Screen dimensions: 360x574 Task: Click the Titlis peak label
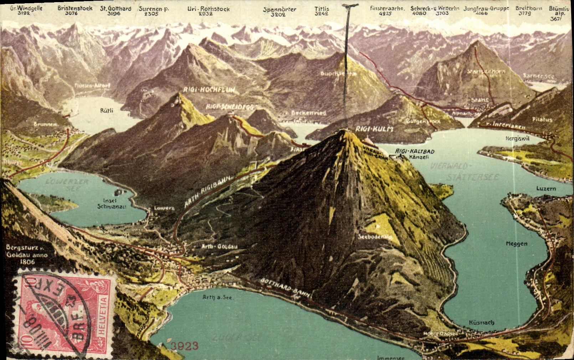pyautogui.click(x=322, y=9)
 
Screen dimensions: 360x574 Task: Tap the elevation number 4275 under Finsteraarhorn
pyautogui.click(x=385, y=14)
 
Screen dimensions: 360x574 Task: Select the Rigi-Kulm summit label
pyautogui.click(x=374, y=129)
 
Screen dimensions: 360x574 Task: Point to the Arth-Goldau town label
pyautogui.click(x=219, y=247)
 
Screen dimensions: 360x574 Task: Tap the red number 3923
pyautogui.click(x=184, y=346)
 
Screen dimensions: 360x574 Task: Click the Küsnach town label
pyautogui.click(x=481, y=323)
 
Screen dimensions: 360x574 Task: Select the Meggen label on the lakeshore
pyautogui.click(x=516, y=244)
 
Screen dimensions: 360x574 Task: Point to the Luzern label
pyautogui.click(x=546, y=188)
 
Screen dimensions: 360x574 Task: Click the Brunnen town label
pyautogui.click(x=45, y=124)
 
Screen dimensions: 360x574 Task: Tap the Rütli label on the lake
pyautogui.click(x=107, y=111)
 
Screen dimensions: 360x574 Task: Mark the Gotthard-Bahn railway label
pyautogui.click(x=286, y=287)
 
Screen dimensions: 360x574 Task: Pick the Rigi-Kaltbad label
pyautogui.click(x=415, y=151)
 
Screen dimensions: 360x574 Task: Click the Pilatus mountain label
pyautogui.click(x=542, y=120)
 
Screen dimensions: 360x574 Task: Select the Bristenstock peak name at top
pyautogui.click(x=75, y=8)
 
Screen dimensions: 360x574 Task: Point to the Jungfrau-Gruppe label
pyautogui.click(x=486, y=8)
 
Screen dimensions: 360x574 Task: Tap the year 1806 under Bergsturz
pyautogui.click(x=27, y=262)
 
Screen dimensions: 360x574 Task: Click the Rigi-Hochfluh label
pyautogui.click(x=209, y=90)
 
